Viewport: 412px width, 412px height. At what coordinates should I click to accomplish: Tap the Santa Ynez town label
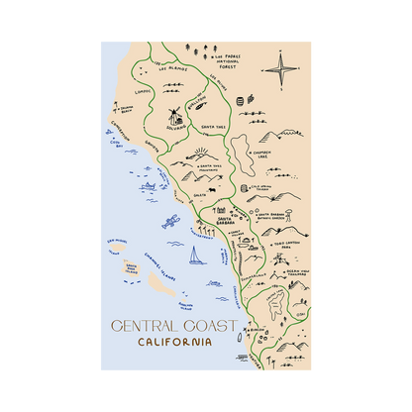(x=214, y=128)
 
